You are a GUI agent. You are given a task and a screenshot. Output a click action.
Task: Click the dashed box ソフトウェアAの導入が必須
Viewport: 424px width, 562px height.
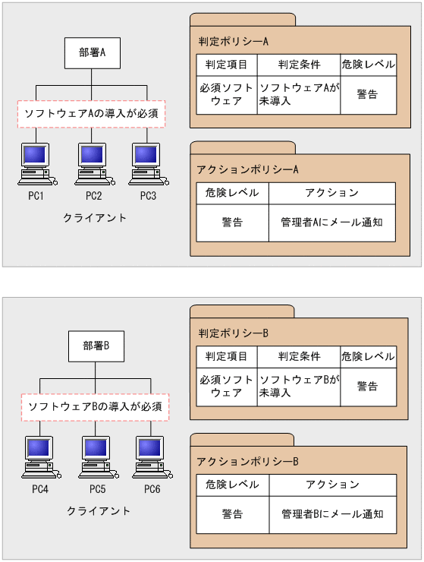91,113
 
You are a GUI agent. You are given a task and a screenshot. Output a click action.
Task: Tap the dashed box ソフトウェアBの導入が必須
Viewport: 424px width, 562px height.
95,407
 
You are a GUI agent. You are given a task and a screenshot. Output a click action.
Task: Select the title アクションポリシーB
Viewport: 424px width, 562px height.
247,461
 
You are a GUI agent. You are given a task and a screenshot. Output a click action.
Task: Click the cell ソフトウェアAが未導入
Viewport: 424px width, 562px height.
298,95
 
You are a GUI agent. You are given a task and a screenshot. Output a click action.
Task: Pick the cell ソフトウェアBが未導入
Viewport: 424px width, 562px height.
298,387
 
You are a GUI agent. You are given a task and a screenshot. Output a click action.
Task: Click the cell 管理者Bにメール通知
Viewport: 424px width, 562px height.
331,514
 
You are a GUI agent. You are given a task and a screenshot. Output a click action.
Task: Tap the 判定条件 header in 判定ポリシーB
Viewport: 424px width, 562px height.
299,356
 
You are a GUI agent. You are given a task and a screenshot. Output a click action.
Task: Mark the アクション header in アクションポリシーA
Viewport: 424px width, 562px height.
331,193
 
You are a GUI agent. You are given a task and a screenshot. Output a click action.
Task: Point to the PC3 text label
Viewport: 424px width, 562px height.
148,196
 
